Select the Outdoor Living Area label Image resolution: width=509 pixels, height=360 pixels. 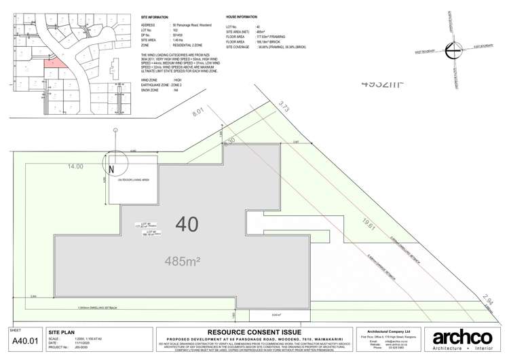pyautogui.click(x=133, y=181)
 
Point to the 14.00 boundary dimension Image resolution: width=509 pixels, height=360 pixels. pyautogui.click(x=75, y=166)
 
